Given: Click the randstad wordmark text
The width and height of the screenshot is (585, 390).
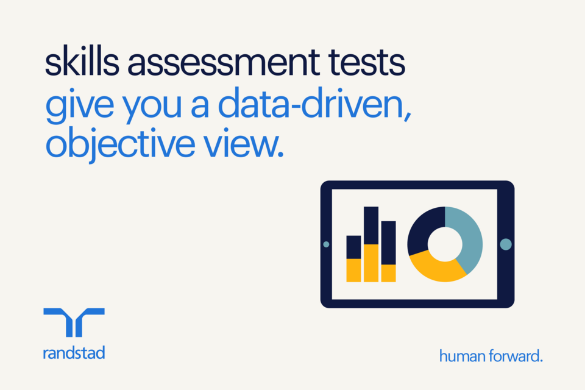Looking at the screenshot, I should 74,352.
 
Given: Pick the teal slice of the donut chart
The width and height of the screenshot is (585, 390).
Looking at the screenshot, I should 468,238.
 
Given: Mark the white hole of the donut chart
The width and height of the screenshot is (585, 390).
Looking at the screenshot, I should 445,244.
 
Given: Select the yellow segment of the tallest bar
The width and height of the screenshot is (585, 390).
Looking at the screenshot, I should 371,263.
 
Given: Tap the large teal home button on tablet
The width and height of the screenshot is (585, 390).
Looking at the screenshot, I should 505,244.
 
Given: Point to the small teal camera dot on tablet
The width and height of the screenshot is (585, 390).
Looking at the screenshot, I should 326,244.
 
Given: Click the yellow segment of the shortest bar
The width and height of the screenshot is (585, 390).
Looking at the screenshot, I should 353,270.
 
